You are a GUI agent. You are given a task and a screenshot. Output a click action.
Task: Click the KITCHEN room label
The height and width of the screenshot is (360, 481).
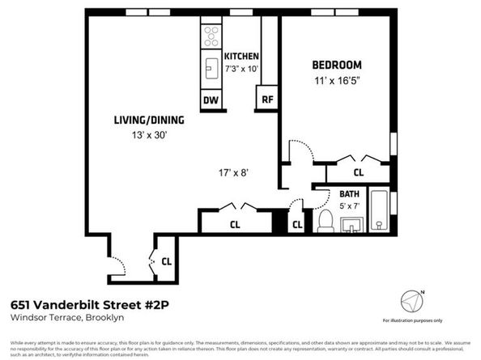(x=241, y=56)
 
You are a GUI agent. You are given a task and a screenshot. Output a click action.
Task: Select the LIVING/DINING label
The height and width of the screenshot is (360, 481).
(x=148, y=121)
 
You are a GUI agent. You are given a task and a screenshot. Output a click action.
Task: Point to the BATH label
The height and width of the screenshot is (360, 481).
(x=349, y=194)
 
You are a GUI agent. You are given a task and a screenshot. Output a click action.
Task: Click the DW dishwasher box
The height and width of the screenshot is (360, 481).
(x=211, y=100)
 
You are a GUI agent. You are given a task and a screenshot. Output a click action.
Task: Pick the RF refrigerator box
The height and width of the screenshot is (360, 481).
(x=266, y=100)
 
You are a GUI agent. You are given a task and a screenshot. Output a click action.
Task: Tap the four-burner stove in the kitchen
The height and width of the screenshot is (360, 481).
(x=211, y=35)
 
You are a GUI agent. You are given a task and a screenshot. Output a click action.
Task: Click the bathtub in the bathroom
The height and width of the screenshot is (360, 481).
(x=378, y=211)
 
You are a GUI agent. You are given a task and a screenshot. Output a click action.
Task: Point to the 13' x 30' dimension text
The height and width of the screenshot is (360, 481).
(x=148, y=135)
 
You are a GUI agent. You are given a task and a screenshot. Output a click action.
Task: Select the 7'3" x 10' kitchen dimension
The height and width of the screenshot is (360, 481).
(x=241, y=70)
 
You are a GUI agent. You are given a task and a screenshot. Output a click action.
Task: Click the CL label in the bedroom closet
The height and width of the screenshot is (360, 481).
(x=358, y=172)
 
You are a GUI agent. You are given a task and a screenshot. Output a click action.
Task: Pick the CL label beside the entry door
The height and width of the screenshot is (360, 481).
(x=166, y=260)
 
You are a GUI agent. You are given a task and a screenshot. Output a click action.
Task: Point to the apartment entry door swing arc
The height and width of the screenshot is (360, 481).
(x=118, y=265)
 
